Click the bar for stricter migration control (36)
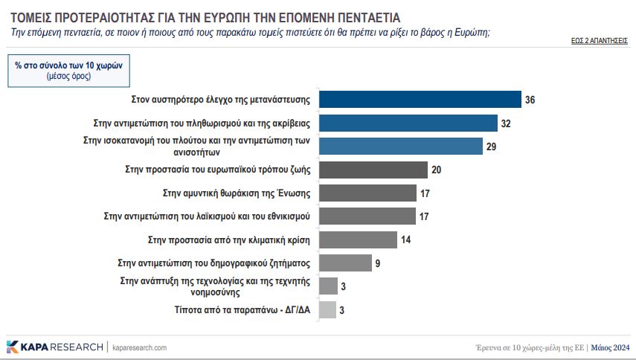420,99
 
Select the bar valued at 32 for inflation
408,123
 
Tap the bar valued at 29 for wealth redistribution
400,147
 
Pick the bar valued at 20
373,170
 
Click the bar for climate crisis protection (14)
358,240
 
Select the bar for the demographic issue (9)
344,263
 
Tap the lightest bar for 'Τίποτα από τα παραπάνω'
327,309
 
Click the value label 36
530,100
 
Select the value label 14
405,240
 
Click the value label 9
378,263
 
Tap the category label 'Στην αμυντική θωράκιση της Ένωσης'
237,193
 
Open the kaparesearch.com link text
139,347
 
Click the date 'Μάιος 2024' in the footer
611,347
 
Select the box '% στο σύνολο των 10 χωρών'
68,71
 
